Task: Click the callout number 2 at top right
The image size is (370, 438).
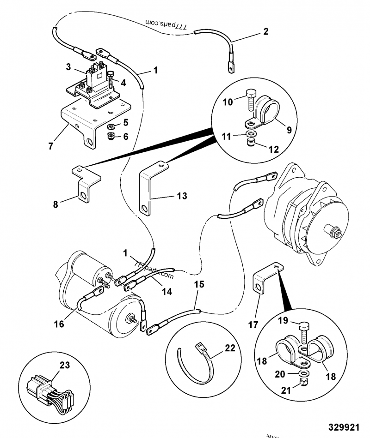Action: coord(265,32)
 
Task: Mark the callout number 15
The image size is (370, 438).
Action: coord(198,284)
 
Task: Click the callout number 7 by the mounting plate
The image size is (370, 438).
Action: coord(51,146)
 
